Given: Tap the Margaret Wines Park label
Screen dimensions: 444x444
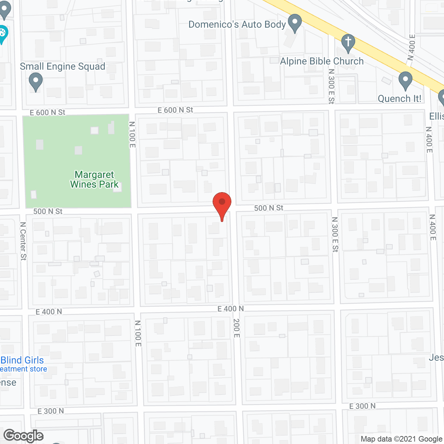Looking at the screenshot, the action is click(x=94, y=179).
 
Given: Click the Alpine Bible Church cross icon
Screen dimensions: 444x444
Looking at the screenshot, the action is click(x=348, y=43).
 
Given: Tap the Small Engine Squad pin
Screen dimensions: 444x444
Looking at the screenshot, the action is click(x=35, y=82).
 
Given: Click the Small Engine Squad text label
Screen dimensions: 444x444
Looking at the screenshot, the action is click(x=62, y=66).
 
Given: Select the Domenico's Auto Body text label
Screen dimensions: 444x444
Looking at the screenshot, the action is click(x=237, y=24).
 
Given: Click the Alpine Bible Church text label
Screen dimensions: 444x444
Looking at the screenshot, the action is click(x=322, y=61).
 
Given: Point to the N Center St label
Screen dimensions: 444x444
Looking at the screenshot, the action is click(x=23, y=241).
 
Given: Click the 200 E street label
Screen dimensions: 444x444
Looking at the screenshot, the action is click(x=237, y=328).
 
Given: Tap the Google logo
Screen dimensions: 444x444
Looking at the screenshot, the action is click(x=24, y=436).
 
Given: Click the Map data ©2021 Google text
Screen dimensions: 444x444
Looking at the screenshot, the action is click(x=402, y=439).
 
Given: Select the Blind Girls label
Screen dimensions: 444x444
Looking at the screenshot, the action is click(x=22, y=360).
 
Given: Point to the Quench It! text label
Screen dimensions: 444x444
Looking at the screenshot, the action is click(x=399, y=99).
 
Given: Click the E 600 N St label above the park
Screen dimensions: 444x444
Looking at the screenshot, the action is click(x=48, y=112).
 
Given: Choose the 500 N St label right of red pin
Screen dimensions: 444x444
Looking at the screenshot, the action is click(x=269, y=208).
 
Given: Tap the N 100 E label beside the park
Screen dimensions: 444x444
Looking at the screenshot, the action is click(x=132, y=135).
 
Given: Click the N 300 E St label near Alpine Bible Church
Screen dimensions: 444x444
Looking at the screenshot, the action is click(x=331, y=86).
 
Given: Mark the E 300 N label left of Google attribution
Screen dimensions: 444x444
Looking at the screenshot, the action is click(x=362, y=406).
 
